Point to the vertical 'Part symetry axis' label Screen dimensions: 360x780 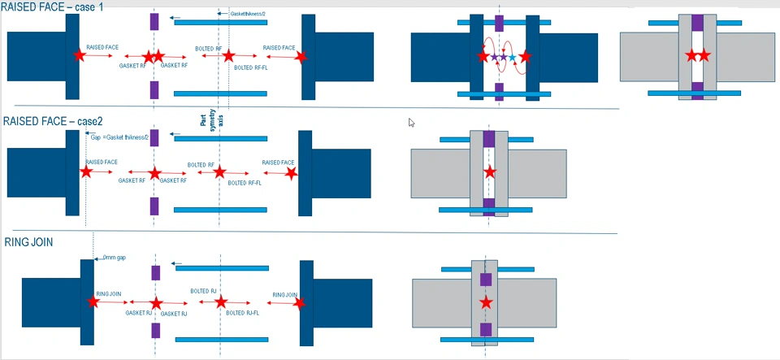(203, 126)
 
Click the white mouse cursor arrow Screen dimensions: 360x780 (411, 122)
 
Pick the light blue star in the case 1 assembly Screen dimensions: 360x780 (512, 57)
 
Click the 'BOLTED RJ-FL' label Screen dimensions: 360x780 (243, 312)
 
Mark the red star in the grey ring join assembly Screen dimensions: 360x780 (486, 302)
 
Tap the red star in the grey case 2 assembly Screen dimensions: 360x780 (488, 173)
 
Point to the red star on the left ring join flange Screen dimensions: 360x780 (93, 301)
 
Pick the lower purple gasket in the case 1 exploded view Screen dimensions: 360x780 (154, 89)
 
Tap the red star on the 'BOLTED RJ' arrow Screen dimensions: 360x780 (219, 302)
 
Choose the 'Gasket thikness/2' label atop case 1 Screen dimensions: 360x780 (248, 15)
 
